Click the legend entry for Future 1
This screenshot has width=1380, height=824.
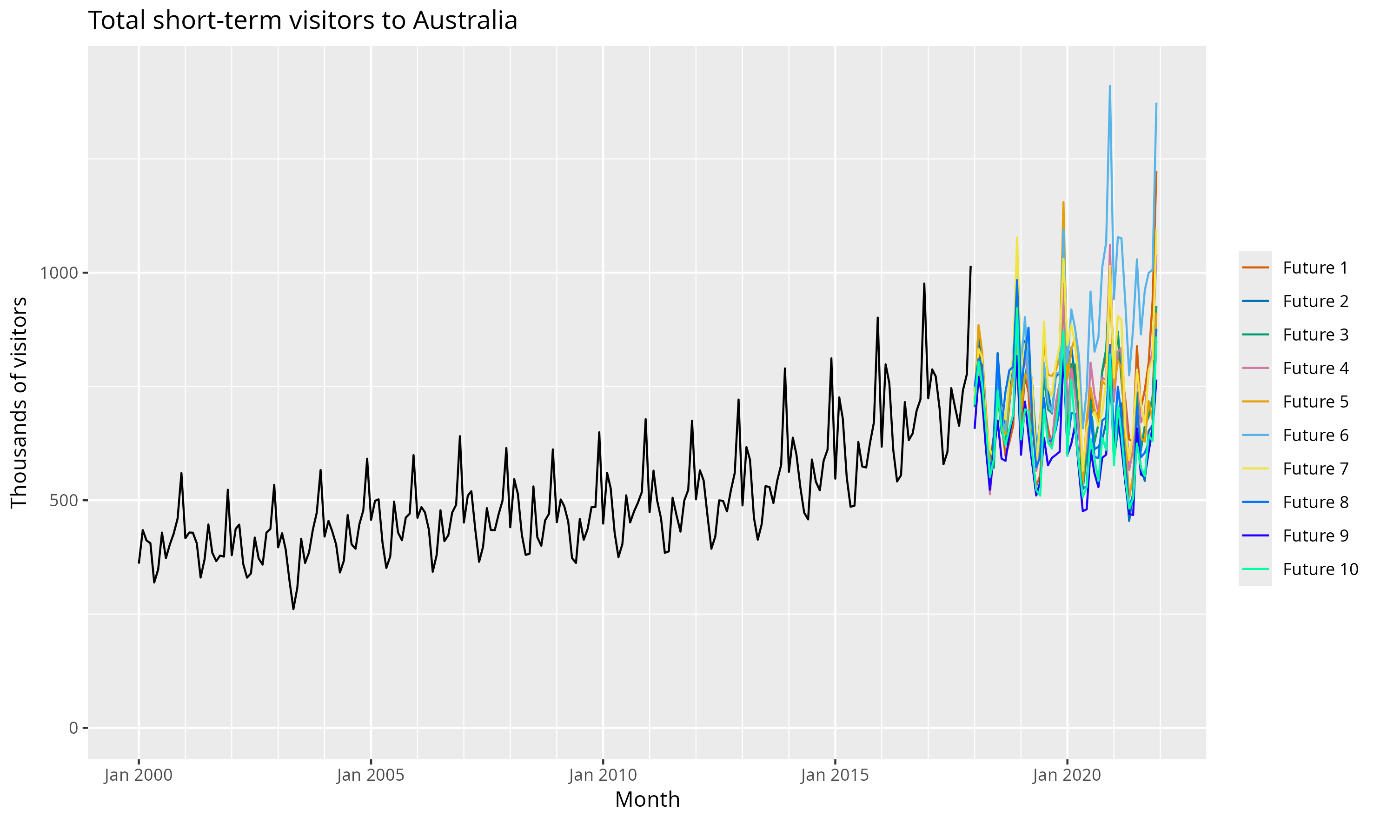(1315, 268)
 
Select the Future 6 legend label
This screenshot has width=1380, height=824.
(1315, 435)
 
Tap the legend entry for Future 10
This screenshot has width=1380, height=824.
(1320, 569)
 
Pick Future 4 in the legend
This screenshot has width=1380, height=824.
(1315, 368)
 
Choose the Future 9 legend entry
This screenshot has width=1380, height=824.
(1315, 536)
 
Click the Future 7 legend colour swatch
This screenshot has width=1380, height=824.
(1255, 469)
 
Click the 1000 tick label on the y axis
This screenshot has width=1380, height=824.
(58, 273)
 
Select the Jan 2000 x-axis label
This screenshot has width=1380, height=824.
(138, 775)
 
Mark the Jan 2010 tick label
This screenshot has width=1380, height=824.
(603, 775)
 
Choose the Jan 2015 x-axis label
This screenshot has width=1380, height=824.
(835, 775)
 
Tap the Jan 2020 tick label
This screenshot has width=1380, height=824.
(1067, 775)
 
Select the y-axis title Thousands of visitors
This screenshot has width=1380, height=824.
(19, 402)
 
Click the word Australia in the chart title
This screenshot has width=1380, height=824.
(465, 20)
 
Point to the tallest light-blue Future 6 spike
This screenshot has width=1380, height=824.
(1110, 87)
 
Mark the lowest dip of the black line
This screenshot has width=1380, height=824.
(293, 609)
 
